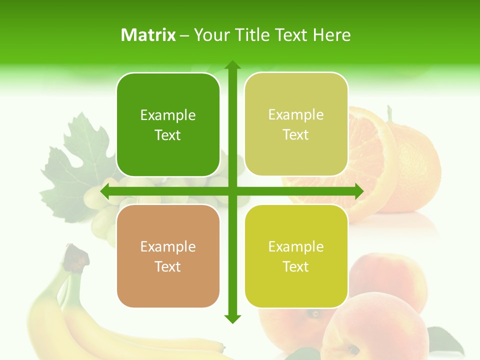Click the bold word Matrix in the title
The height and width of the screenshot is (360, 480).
(148, 34)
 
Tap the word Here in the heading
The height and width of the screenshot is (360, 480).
(331, 34)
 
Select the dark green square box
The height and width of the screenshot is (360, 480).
(168, 124)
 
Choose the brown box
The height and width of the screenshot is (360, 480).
(168, 255)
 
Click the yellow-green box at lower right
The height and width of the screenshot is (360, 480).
(296, 255)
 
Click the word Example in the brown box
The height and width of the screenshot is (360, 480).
(168, 246)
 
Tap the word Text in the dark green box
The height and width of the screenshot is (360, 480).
(168, 135)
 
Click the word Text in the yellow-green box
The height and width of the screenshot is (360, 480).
(296, 266)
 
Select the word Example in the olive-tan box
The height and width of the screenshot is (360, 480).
(296, 114)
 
